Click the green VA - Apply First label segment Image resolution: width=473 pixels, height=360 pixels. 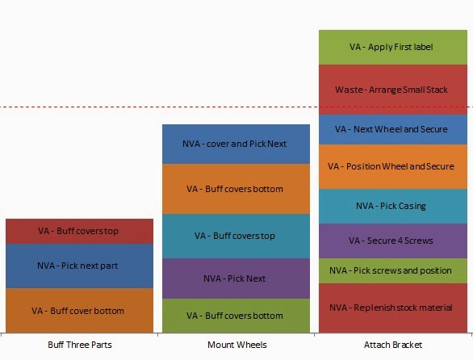point(393,48)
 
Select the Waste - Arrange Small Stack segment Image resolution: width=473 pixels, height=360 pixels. point(393,90)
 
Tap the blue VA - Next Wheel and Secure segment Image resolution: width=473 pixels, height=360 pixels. point(393,129)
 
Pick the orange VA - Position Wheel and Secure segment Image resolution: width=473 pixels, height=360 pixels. point(393,167)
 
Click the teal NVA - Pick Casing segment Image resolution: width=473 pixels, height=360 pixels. point(393,207)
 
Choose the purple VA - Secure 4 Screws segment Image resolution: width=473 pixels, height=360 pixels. point(393,241)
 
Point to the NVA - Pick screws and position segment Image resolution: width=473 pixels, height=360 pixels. point(393,271)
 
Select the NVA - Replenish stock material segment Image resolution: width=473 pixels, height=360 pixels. point(393,308)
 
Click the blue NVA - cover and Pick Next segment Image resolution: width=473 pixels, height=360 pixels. point(236,144)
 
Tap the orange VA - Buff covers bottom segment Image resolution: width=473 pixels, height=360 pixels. point(236,189)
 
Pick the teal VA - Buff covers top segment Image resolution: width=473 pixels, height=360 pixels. point(236,237)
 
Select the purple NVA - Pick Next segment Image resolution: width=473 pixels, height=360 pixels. point(236,278)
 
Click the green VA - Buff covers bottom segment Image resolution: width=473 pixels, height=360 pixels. point(236,316)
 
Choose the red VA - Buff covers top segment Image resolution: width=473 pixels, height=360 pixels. point(79,232)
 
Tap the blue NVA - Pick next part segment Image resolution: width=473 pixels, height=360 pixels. point(79,266)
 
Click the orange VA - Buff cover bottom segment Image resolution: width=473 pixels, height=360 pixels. point(79,311)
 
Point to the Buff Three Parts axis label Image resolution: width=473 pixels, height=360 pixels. point(80,345)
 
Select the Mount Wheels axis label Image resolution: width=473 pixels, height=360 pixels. point(237,345)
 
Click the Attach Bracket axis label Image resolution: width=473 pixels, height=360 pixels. point(393,345)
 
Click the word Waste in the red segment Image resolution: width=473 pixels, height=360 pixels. point(349,90)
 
